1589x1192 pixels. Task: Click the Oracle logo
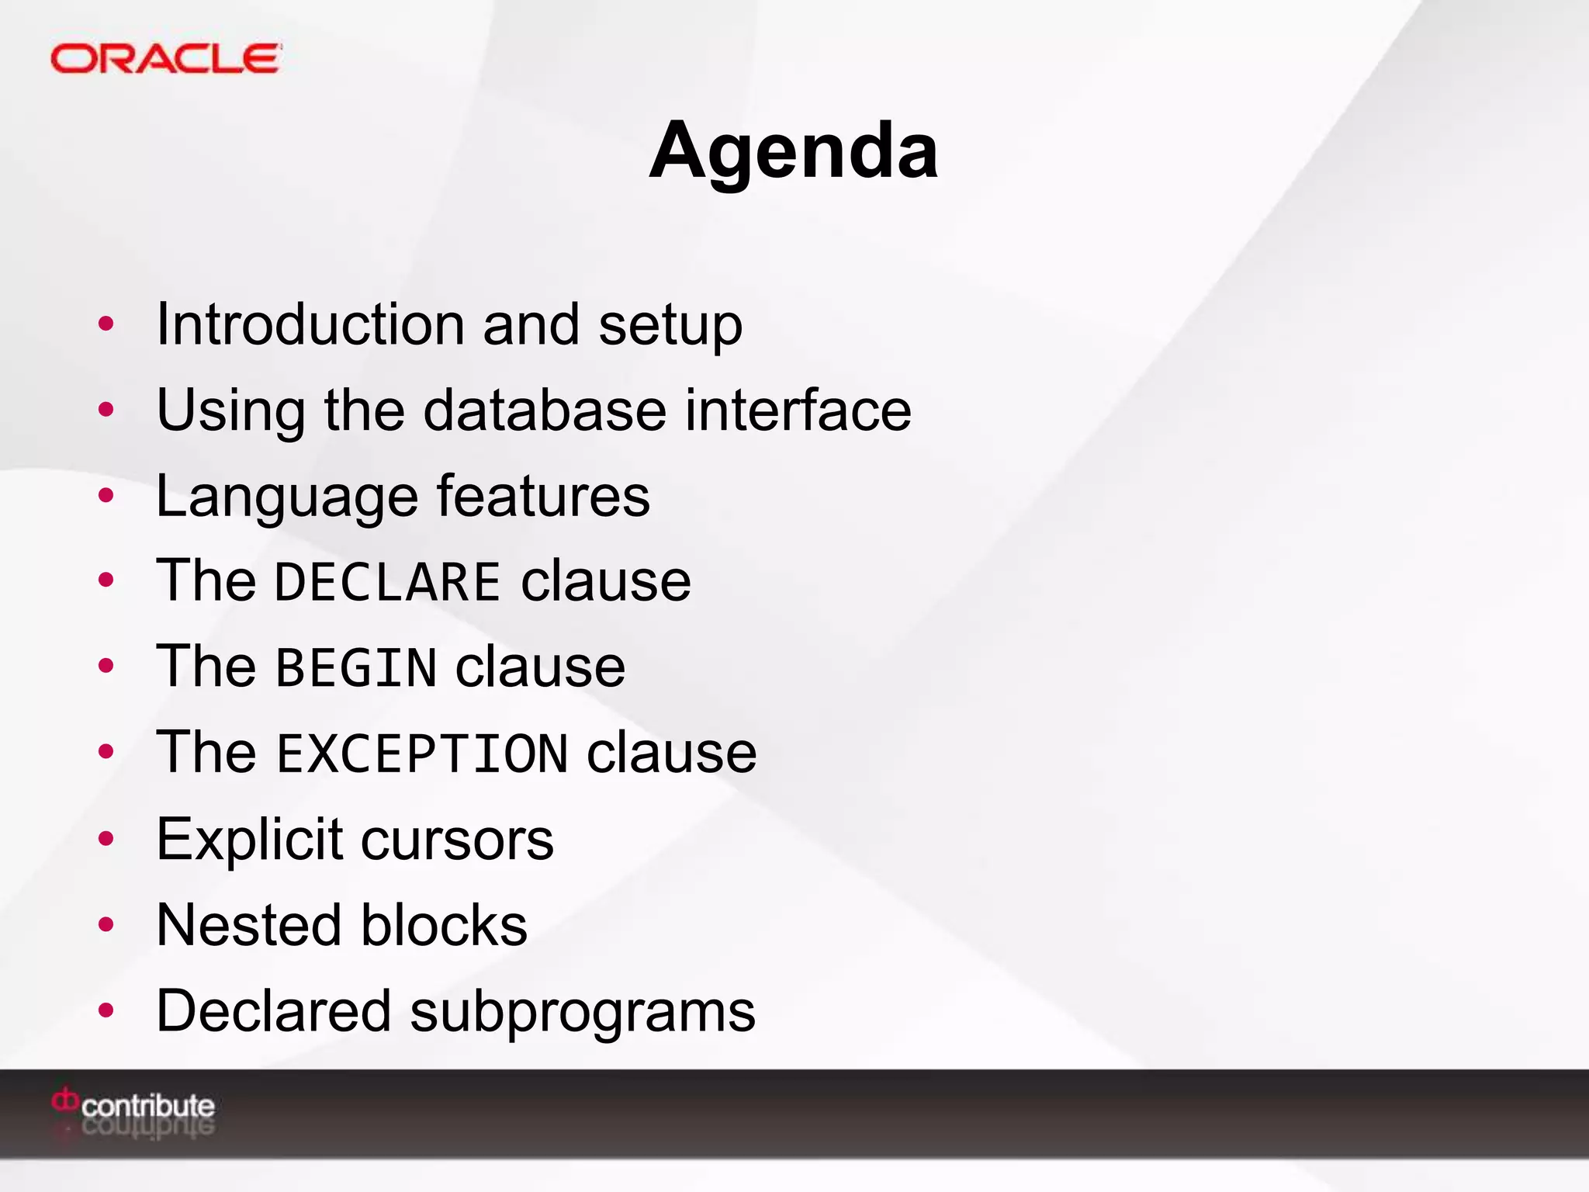165,59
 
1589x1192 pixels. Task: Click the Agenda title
794,151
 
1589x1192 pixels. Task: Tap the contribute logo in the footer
133,1110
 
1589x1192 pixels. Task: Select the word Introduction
310,324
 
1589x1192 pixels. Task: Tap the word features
543,495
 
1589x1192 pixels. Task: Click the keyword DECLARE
387,582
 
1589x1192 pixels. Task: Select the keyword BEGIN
356,667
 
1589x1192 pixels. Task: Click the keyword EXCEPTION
422,754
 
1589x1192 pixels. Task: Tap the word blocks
444,925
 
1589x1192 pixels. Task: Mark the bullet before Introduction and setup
106,324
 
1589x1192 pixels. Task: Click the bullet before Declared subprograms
106,1010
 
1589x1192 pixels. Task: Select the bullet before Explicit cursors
106,839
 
